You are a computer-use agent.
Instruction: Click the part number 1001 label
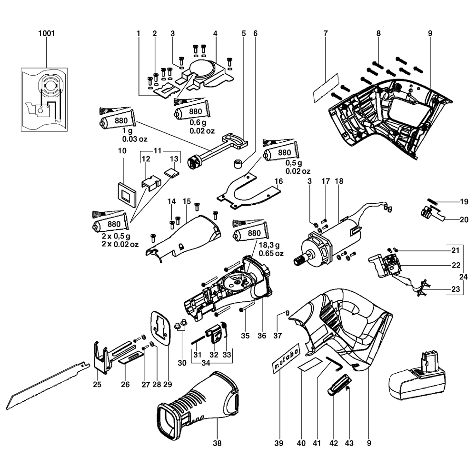click(46, 34)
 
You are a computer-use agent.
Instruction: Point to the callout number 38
click(217, 443)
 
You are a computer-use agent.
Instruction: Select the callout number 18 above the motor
click(338, 181)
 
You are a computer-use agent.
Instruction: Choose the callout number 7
click(326, 34)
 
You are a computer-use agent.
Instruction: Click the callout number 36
click(261, 336)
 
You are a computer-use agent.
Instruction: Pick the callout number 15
click(186, 202)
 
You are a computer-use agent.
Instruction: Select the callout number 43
click(349, 443)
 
